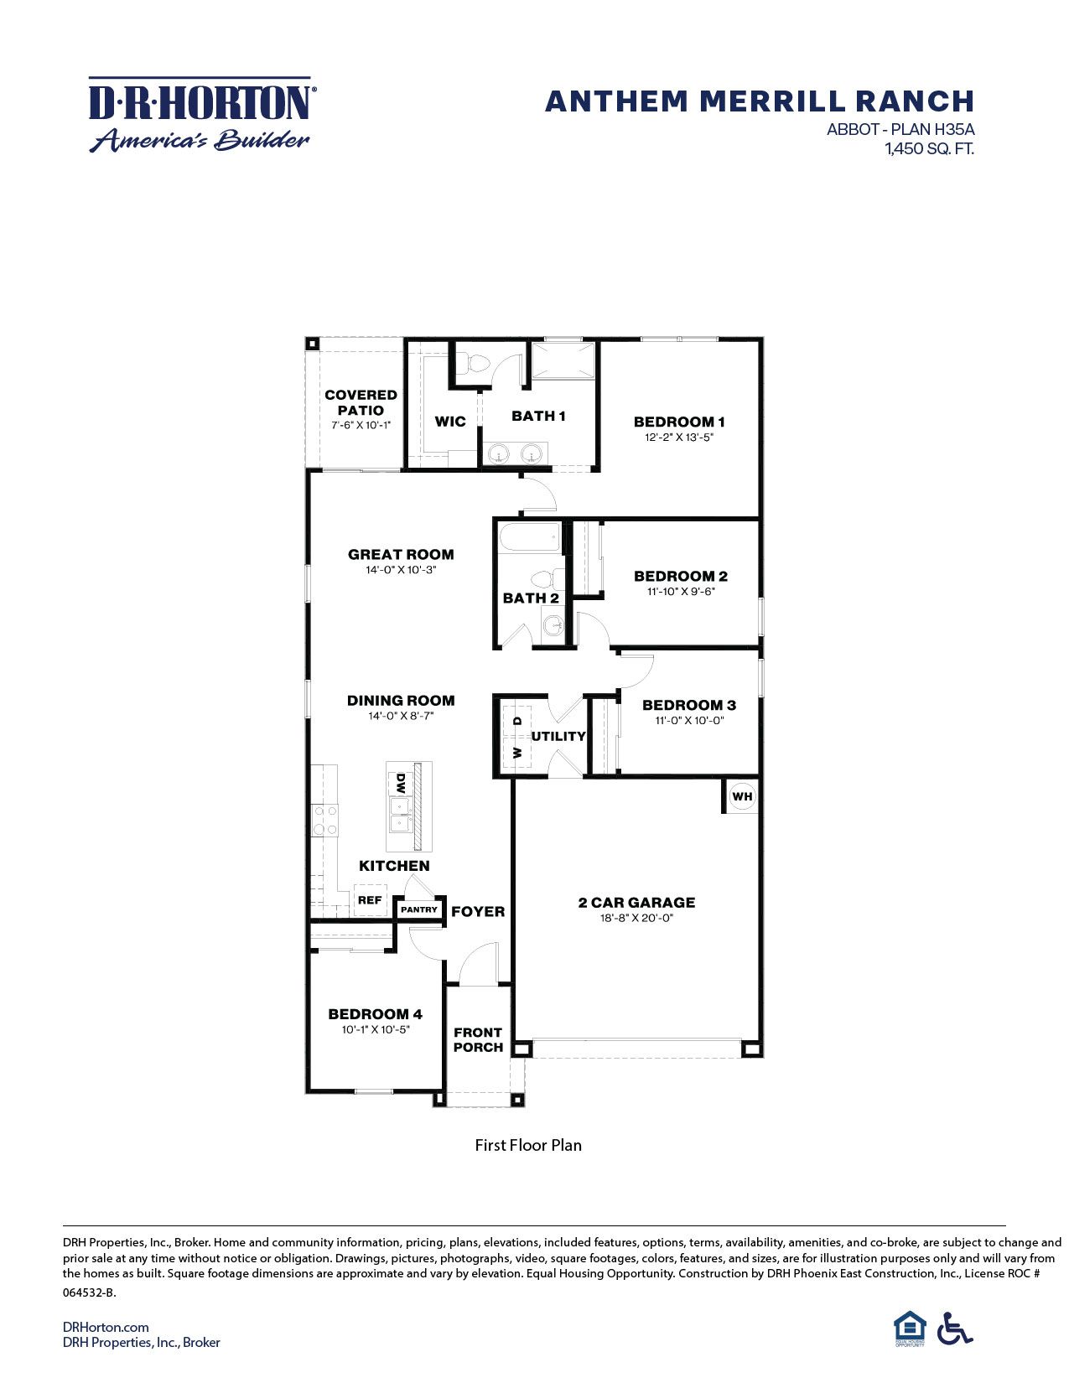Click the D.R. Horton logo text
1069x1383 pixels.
[x=200, y=103]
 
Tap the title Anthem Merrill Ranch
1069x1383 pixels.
[x=759, y=101]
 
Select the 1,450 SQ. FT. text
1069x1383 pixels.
[x=929, y=149]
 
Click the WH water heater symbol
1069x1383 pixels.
[x=742, y=796]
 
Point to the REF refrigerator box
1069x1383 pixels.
[x=370, y=900]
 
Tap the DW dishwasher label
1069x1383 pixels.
[x=401, y=784]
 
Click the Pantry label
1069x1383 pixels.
[x=419, y=909]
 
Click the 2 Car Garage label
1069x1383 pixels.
[x=636, y=903]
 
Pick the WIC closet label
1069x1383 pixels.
[x=449, y=422]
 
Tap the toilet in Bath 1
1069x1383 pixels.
[x=478, y=364]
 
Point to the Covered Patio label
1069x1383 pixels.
[x=361, y=402]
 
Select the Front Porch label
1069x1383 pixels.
[x=478, y=1039]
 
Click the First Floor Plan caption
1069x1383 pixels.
[x=528, y=1145]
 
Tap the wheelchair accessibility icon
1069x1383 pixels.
[x=954, y=1329]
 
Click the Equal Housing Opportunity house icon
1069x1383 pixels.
[x=909, y=1328]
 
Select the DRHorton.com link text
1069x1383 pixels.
[x=106, y=1327]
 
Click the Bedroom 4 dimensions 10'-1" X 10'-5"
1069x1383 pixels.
[x=376, y=1029]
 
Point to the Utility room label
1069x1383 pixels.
[x=558, y=736]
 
